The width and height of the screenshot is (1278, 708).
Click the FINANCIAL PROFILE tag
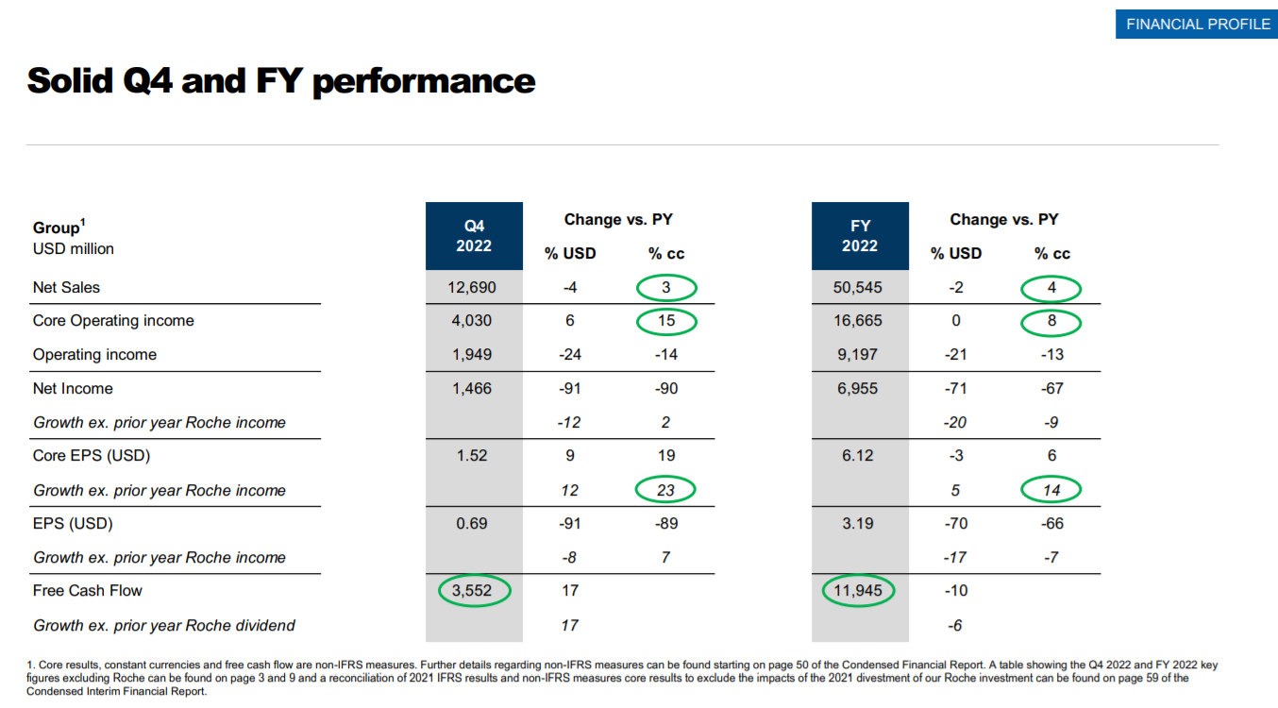1198,24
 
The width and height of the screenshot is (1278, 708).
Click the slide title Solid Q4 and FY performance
281,81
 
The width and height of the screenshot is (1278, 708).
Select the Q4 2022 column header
474,235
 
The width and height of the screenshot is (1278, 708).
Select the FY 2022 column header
860,235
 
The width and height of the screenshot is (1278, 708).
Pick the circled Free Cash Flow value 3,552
474,591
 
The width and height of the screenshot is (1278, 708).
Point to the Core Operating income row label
113,321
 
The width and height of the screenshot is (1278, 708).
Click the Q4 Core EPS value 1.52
472,456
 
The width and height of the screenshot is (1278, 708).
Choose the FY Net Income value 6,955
860,388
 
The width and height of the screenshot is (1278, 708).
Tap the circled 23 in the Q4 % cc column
665,490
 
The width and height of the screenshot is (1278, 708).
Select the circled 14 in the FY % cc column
1051,490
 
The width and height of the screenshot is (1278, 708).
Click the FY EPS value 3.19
860,523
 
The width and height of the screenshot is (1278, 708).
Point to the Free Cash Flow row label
88,591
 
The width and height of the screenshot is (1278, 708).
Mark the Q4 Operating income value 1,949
472,355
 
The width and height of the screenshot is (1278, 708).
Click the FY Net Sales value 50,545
860,287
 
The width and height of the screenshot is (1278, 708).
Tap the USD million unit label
74,249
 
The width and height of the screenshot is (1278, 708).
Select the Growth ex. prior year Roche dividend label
164,625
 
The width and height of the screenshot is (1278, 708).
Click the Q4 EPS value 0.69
472,523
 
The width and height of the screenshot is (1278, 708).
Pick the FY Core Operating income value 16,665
860,321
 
